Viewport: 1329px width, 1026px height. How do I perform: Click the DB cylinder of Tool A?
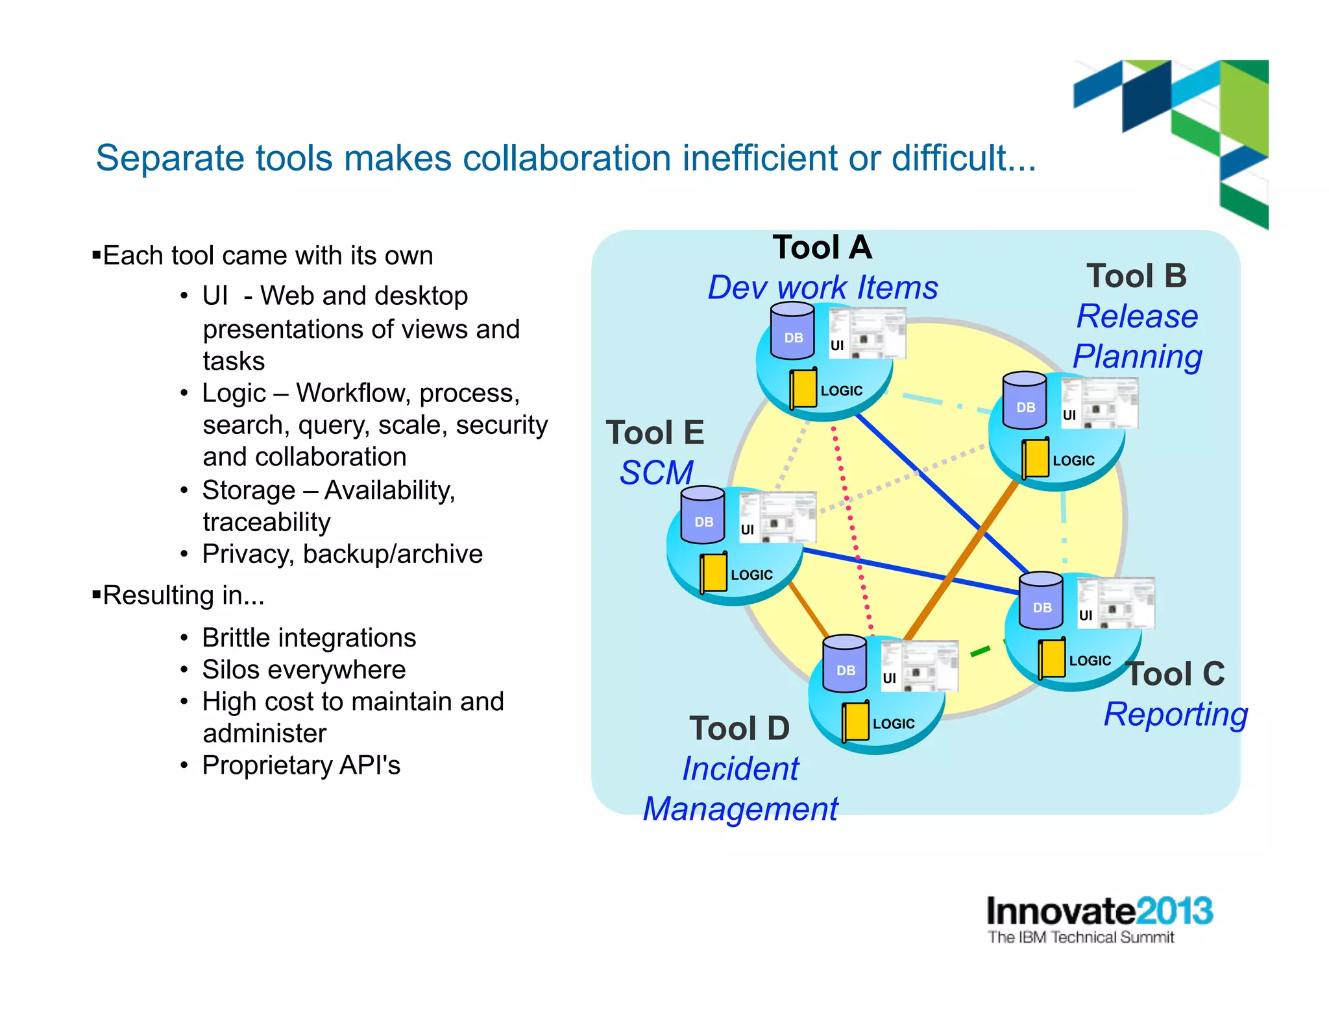[792, 332]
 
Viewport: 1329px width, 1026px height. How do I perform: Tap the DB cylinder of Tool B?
[1025, 401]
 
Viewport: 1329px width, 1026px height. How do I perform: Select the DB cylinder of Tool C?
[1041, 602]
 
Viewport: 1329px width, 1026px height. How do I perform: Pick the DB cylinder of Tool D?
[844, 665]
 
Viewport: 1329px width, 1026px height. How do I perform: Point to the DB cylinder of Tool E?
[703, 516]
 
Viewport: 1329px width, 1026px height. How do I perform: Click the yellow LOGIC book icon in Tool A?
[804, 388]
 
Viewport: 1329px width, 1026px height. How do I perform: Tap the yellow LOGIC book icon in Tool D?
[856, 721]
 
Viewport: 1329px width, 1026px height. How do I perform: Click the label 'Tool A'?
[822, 248]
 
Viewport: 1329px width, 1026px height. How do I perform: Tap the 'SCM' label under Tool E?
[656, 473]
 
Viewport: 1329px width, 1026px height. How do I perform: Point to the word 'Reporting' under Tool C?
[1176, 715]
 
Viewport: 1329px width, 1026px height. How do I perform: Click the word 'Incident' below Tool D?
[740, 769]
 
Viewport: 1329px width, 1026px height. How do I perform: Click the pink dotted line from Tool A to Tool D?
[852, 532]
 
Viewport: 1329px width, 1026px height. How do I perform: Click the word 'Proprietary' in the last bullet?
[267, 765]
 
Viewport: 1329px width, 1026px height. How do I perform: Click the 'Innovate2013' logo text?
[1099, 911]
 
